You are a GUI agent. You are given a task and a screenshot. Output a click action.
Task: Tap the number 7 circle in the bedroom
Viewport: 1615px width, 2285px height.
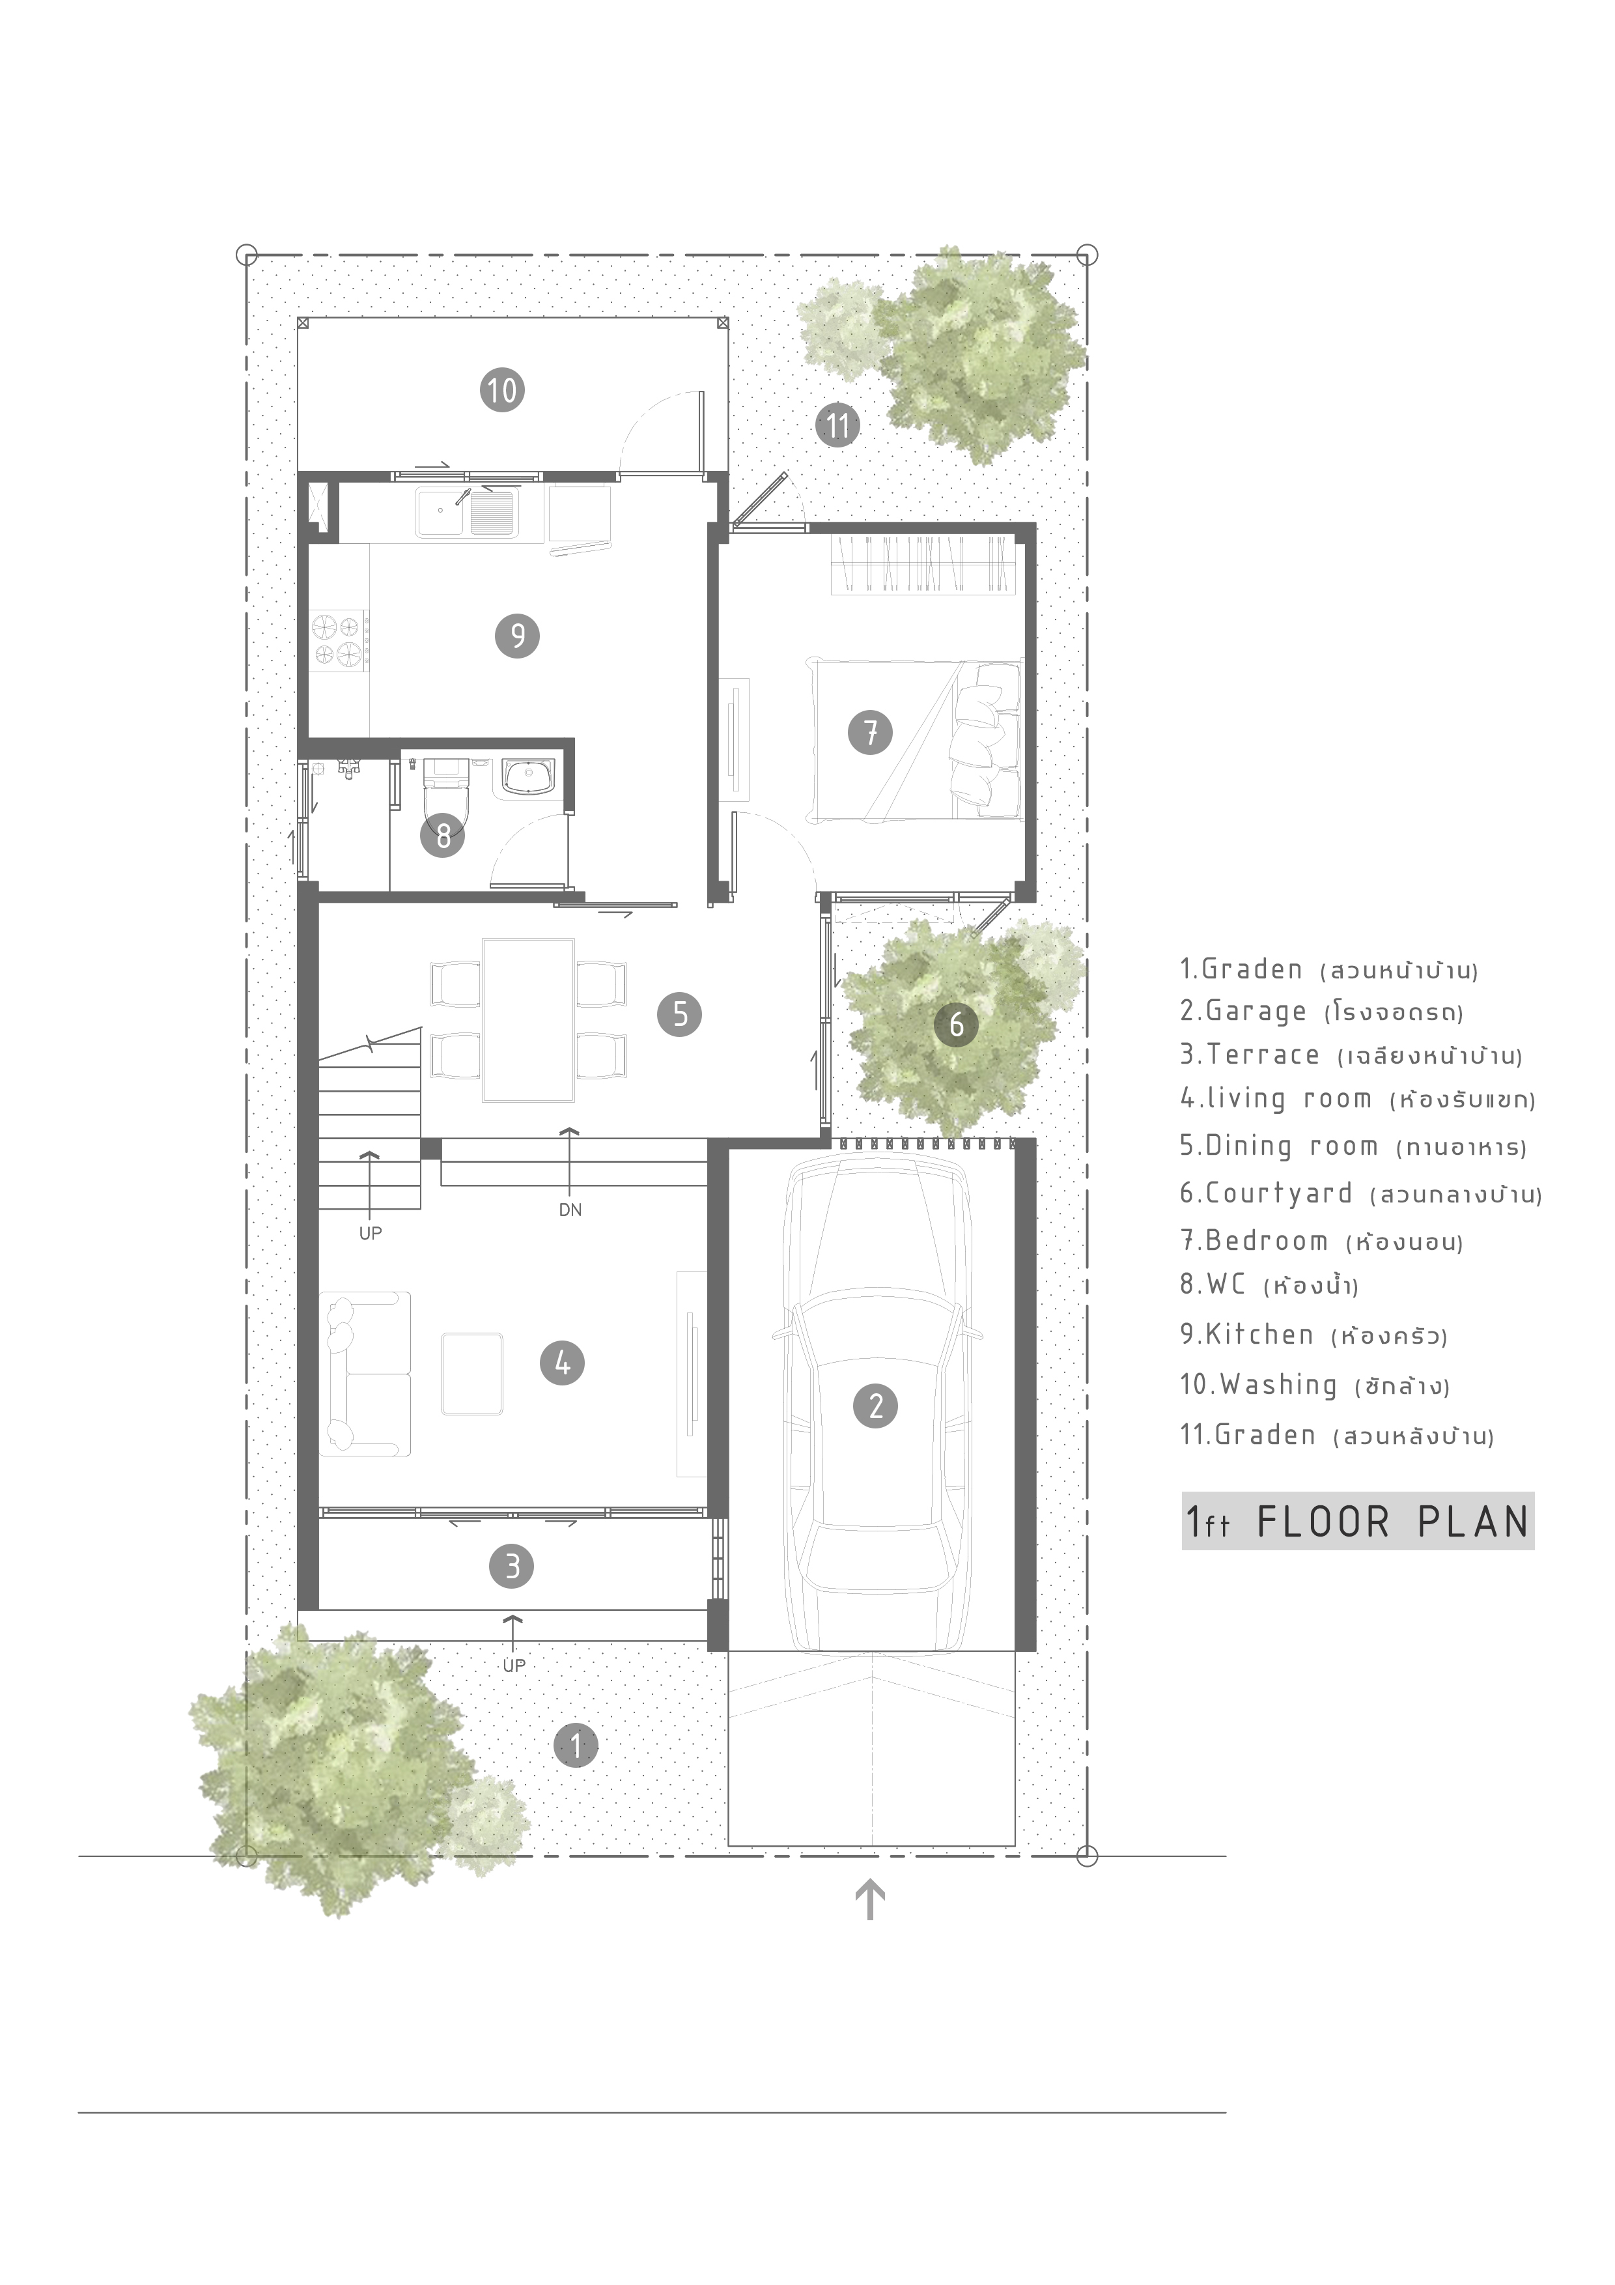click(x=870, y=733)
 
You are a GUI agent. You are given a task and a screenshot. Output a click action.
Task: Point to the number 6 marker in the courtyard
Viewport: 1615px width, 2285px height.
click(x=956, y=1023)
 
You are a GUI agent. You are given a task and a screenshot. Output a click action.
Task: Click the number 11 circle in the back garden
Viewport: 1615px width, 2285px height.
click(x=838, y=426)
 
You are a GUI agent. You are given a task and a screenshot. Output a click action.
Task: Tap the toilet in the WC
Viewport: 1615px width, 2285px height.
click(x=445, y=796)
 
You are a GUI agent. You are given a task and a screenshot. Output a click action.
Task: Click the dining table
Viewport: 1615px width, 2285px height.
click(x=528, y=1019)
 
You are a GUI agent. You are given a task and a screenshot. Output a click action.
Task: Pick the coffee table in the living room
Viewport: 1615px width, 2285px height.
click(x=471, y=1373)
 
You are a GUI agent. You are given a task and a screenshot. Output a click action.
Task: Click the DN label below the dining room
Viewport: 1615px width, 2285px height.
click(x=570, y=1210)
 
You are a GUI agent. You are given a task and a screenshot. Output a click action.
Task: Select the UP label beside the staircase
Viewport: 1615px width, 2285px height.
click(x=370, y=1233)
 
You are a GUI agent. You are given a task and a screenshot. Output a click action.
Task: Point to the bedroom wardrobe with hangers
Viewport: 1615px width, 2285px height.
click(x=925, y=565)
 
